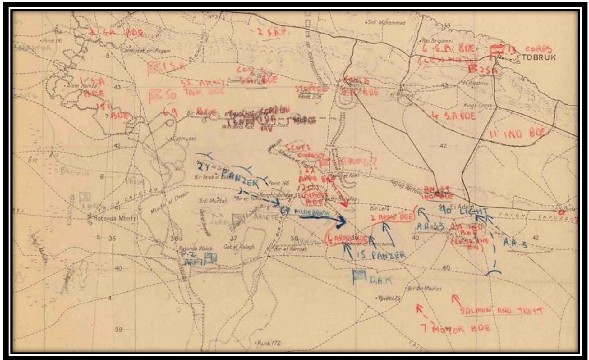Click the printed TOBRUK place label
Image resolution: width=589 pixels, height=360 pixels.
[x=538, y=57]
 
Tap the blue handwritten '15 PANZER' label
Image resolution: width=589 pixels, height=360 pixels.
[x=381, y=255]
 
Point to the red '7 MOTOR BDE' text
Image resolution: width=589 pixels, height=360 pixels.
[x=455, y=328]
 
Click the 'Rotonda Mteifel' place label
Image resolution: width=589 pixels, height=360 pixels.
[x=113, y=218]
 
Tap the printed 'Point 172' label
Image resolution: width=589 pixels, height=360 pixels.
[x=269, y=343]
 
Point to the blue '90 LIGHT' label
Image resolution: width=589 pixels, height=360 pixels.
[x=464, y=211]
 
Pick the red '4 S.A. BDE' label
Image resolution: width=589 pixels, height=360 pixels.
[x=454, y=116]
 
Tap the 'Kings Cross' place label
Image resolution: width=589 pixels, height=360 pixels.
[x=477, y=105]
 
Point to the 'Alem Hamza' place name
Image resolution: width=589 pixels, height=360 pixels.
[x=81, y=86]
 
